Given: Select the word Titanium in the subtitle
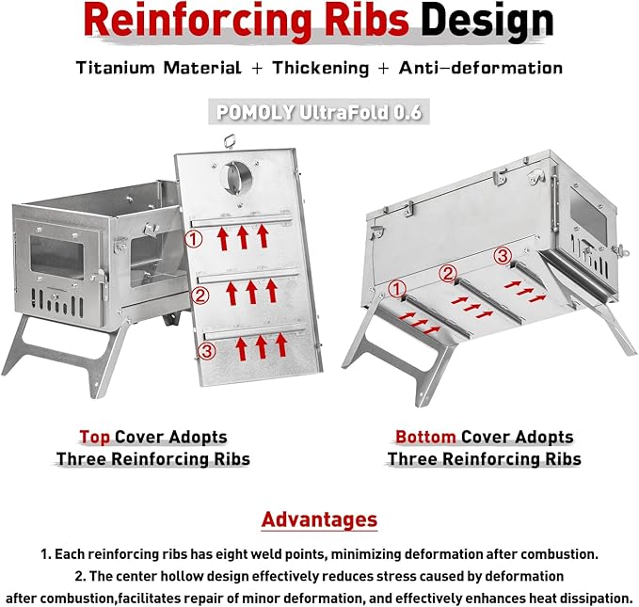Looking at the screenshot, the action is coord(117,67).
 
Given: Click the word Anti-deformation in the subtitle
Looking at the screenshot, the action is coord(481,67).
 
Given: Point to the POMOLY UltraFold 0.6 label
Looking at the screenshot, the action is coord(319,112).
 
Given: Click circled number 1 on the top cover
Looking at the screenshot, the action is coord(194,239).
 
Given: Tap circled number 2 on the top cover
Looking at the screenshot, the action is coord(200,296).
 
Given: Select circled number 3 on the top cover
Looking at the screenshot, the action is coord(207,351).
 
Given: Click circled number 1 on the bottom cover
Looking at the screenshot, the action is coord(396,290).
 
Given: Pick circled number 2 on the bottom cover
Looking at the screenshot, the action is coord(447,273).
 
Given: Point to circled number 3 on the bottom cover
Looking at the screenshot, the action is coord(503,256).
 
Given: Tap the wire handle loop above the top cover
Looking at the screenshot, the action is coord(231,141).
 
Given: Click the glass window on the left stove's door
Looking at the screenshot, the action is coord(57,256).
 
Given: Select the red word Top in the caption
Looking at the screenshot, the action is coord(94,437).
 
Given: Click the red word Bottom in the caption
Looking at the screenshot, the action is coord(425,437).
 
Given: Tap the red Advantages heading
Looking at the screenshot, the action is coord(320,519).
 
